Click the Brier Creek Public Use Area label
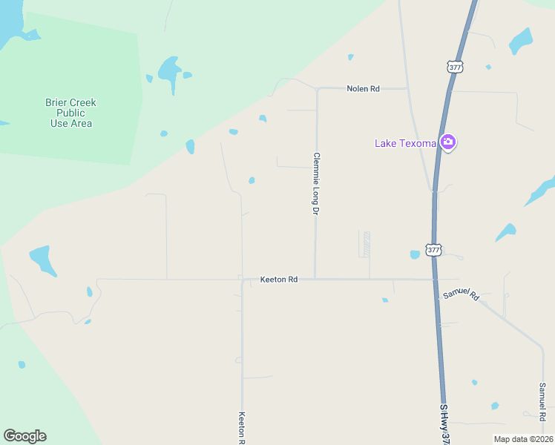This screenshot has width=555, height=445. click(x=71, y=113)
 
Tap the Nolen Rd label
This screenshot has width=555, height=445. click(x=363, y=89)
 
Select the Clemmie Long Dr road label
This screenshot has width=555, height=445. click(x=316, y=184)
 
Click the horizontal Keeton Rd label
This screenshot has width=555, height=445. click(x=279, y=280)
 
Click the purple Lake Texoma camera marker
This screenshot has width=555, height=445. click(x=447, y=142)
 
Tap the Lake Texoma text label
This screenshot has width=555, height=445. click(x=404, y=143)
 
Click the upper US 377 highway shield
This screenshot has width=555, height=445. click(x=456, y=67)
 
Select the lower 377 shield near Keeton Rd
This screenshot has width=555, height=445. click(x=434, y=250)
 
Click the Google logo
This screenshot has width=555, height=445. click(x=24, y=436)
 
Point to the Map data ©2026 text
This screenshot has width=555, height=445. click(x=523, y=439)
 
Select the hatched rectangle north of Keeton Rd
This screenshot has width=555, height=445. click(x=364, y=244)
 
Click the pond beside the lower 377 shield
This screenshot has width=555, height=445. click(x=415, y=254)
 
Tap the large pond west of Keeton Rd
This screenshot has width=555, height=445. click(x=43, y=260)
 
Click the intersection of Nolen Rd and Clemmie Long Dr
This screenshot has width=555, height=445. click(x=317, y=89)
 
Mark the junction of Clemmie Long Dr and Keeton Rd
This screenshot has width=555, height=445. click(x=315, y=280)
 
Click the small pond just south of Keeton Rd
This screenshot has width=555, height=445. click(x=385, y=300)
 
